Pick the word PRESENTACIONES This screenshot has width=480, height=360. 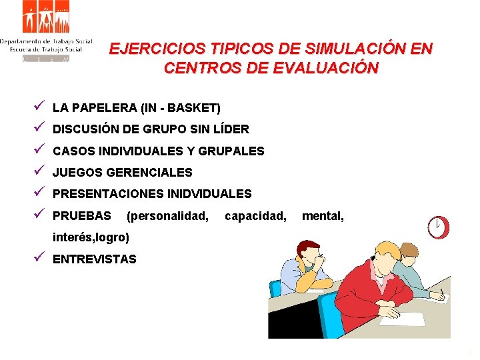106,194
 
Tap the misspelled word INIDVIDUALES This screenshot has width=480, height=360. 207,194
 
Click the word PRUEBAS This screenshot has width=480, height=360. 82,216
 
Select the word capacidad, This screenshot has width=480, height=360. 256,216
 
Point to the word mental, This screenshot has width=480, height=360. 323,216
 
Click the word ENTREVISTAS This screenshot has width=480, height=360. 94,259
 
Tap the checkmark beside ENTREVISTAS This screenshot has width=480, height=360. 41,258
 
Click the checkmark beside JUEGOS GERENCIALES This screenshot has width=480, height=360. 41,171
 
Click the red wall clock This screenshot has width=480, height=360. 438,227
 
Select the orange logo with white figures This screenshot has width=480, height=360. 46,17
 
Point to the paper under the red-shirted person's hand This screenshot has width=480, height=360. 400,319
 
